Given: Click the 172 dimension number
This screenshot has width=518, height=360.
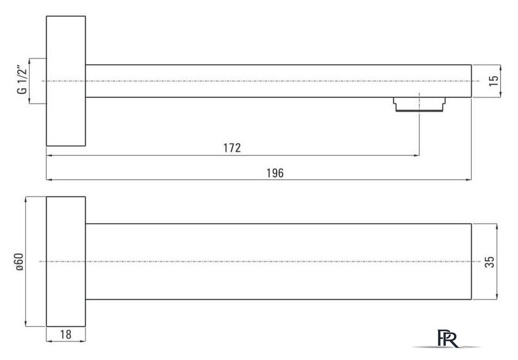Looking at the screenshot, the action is [x=232, y=147].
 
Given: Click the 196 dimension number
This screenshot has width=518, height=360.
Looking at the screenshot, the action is [x=275, y=173].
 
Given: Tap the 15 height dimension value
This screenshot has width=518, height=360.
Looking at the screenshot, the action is [x=493, y=81].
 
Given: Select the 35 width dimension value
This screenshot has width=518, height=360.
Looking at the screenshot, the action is [x=490, y=261].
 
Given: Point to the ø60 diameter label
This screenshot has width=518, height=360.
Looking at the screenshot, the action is [x=20, y=262].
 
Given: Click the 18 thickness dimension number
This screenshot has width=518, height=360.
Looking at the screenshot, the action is [x=66, y=335].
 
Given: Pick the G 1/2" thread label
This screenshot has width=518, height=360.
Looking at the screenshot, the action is [x=22, y=81].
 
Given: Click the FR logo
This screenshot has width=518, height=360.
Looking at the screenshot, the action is [x=448, y=338].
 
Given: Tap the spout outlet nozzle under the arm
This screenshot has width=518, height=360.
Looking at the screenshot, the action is [x=419, y=104].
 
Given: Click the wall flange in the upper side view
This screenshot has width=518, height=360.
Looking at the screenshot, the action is [x=66, y=81].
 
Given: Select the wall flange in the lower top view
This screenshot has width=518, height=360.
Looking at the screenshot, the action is [x=66, y=261].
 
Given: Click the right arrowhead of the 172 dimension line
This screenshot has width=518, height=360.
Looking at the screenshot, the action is [x=417, y=155].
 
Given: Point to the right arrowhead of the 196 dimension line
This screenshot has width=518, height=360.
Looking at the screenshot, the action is [x=469, y=179].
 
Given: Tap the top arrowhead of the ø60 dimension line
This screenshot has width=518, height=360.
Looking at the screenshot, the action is [x=26, y=200].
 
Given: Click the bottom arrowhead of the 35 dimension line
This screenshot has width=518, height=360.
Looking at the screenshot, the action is [x=497, y=297].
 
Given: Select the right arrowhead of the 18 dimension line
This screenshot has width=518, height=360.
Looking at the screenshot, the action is [x=83, y=340].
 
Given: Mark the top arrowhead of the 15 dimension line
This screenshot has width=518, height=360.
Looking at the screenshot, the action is [x=501, y=68].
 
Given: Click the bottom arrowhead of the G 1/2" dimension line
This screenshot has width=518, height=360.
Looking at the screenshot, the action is [x=30, y=100].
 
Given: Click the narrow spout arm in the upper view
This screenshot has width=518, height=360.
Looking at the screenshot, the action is [x=279, y=81].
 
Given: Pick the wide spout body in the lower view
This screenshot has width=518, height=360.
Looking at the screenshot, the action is [x=279, y=261].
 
